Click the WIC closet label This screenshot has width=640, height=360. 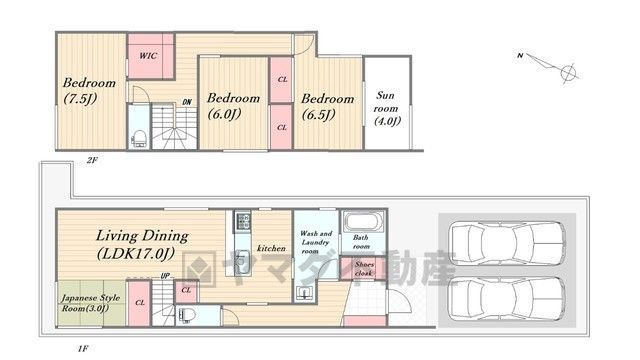click(148, 56)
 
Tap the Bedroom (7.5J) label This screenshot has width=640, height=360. click(89, 91)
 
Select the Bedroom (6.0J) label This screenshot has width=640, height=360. click(233, 106)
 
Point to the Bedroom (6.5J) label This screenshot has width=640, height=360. click(327, 107)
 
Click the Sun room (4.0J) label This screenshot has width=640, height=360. click(386, 108)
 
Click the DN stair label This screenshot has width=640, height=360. click(187, 102)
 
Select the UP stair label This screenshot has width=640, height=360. click(165, 276)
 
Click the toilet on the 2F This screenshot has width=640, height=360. click(139, 138)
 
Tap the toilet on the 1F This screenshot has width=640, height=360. click(187, 315)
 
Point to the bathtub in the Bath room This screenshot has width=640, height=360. click(363, 222)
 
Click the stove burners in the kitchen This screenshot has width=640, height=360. click(242, 222)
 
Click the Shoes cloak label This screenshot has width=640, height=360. click(364, 269)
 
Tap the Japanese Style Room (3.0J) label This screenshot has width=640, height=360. click(91, 303)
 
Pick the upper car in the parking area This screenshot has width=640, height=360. click(507, 243)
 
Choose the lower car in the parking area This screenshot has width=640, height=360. click(507, 298)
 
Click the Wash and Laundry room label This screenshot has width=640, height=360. click(316, 242)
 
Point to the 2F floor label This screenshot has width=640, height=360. click(92, 160)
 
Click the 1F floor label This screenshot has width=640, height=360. click(83, 349)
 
